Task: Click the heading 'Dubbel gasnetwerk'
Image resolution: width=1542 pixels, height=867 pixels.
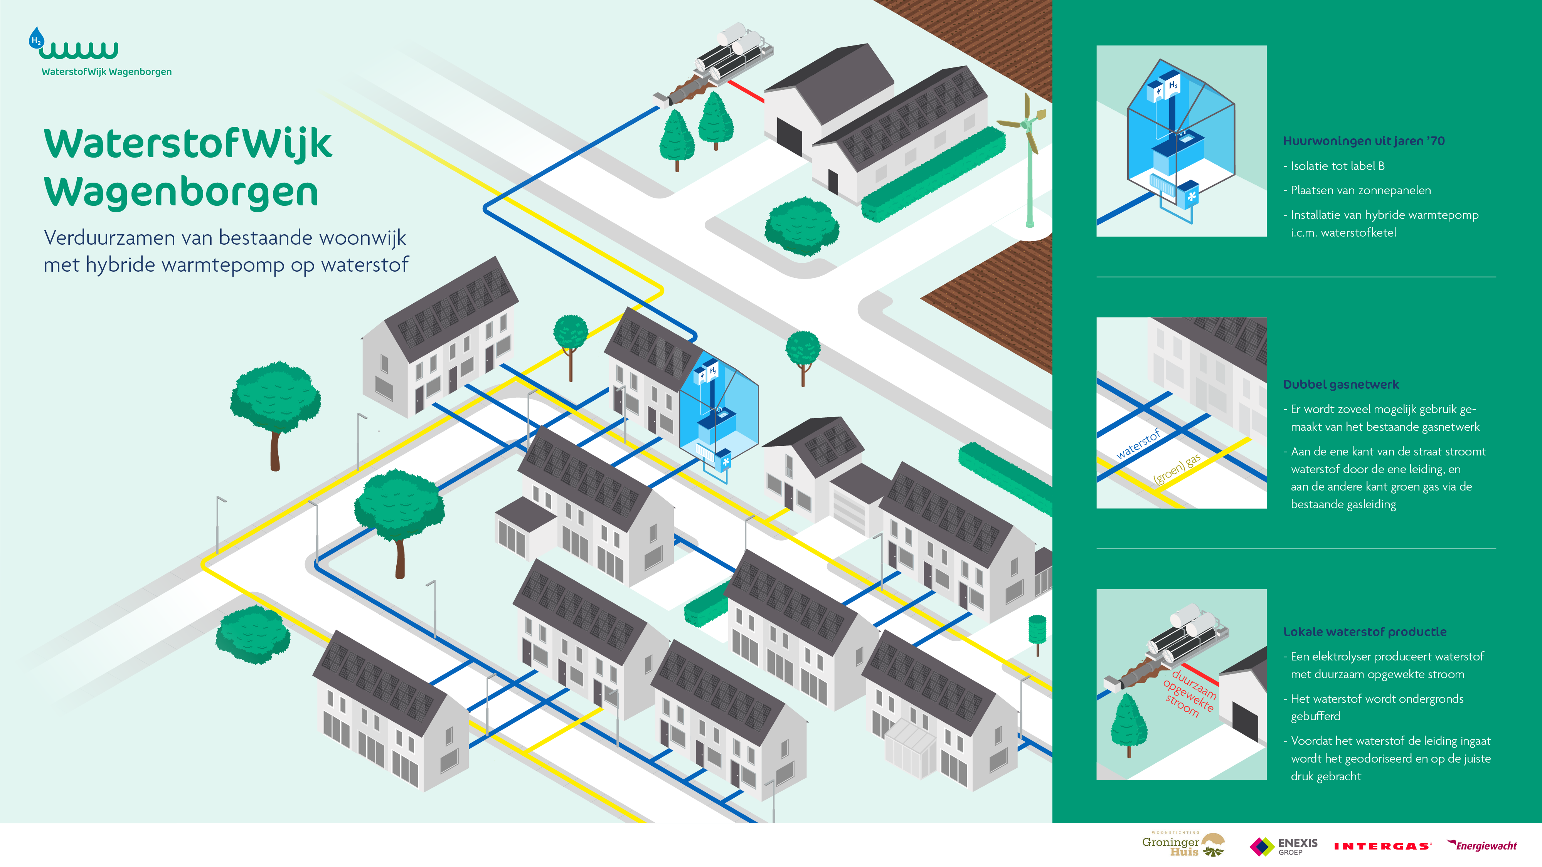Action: point(1341,385)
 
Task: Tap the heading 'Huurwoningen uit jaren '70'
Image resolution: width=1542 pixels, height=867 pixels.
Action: point(1364,141)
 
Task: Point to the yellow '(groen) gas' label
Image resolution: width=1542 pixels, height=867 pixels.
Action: point(1177,469)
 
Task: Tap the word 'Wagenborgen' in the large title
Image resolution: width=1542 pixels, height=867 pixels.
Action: point(181,193)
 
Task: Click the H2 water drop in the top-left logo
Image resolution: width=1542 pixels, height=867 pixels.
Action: point(37,39)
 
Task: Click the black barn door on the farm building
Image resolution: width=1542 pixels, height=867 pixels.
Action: point(789,136)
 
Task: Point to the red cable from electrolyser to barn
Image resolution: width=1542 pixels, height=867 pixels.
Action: point(745,92)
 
